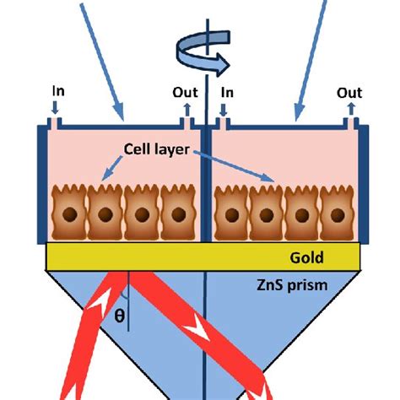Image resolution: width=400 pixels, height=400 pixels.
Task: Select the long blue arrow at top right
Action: tap(311, 59)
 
